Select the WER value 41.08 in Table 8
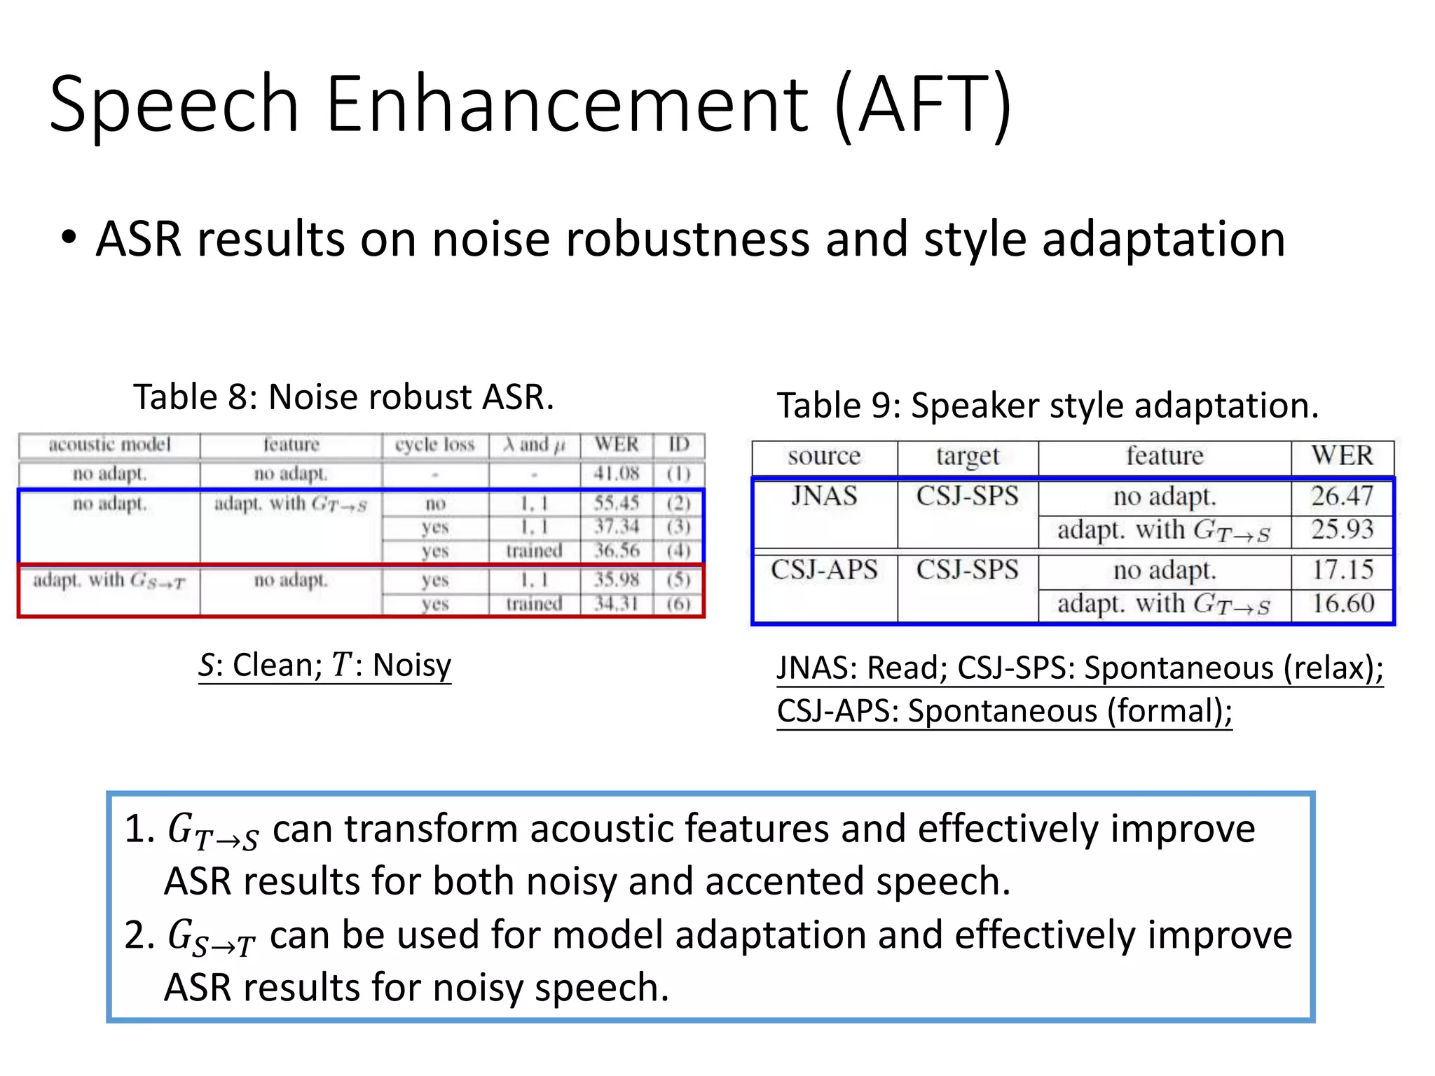[617, 474]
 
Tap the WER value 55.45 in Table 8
[617, 503]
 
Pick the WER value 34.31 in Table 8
[617, 603]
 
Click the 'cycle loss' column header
[434, 445]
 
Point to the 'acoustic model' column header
[110, 445]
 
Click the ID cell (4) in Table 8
[678, 551]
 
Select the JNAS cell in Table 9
[824, 496]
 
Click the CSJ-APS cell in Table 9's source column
[824, 570]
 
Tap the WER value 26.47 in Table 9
[1342, 496]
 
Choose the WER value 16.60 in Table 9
[1342, 603]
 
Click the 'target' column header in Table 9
[967, 456]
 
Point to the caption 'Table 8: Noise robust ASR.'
[343, 397]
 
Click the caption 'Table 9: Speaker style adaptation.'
[1048, 406]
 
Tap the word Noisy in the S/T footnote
[412, 665]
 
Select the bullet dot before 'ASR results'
[68, 237]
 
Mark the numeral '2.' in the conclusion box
[139, 935]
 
